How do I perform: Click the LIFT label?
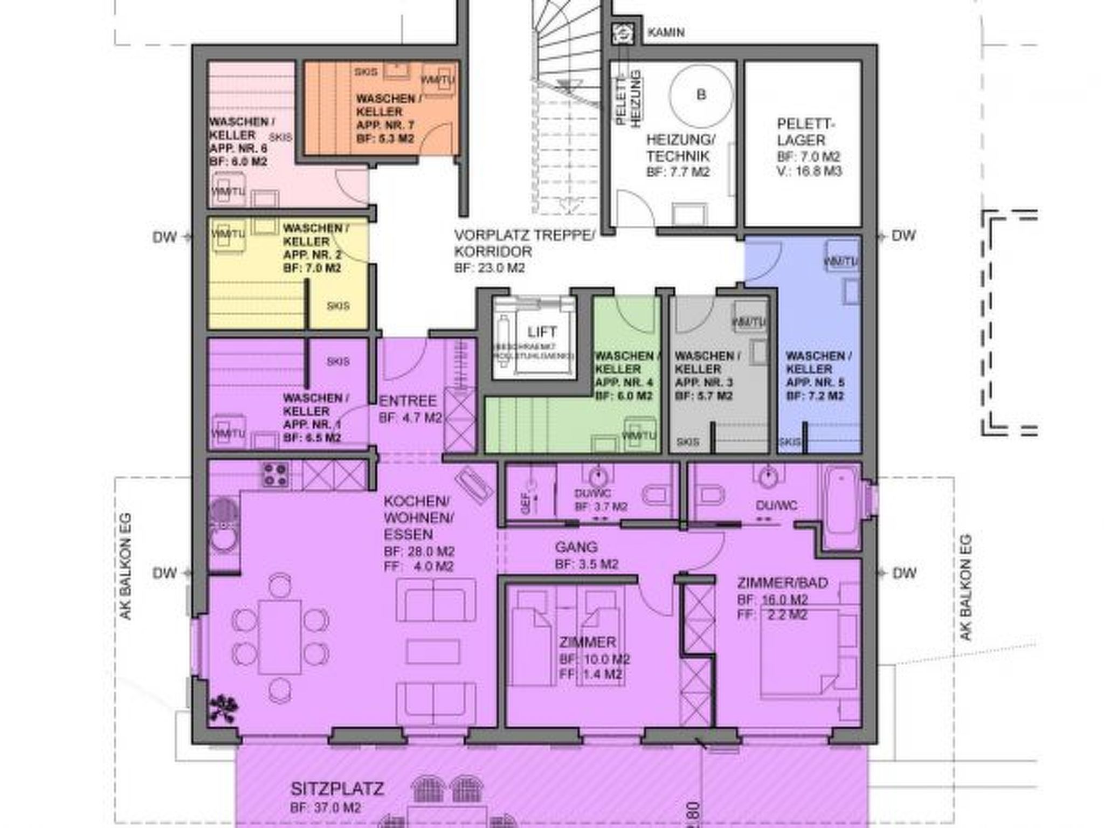(x=542, y=332)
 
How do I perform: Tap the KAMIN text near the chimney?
(x=666, y=32)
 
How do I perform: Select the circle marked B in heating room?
(x=701, y=95)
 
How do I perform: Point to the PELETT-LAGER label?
(x=805, y=132)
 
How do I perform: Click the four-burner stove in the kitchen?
(x=275, y=475)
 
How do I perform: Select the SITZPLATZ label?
(x=337, y=789)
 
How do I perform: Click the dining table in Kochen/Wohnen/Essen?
(x=279, y=637)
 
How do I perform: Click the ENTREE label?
(x=408, y=402)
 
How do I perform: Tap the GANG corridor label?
(x=576, y=547)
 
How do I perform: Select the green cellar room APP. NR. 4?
(x=625, y=377)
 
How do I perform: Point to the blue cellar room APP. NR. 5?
(x=817, y=377)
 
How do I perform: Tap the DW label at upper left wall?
(x=164, y=237)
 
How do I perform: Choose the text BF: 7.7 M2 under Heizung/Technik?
(x=678, y=172)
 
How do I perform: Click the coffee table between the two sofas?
(x=433, y=652)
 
